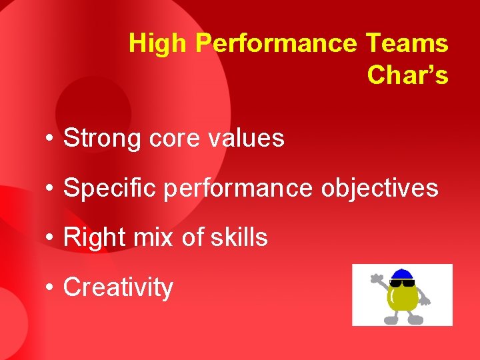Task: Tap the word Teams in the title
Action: pos(407,44)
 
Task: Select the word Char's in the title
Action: pos(407,75)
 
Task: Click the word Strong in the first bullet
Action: pos(103,139)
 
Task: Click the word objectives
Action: pos(379,189)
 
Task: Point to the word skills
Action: pos(237,237)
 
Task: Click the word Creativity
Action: pos(118,287)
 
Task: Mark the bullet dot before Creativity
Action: pos(50,288)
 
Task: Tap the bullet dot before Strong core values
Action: pos(50,139)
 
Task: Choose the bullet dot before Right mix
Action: pos(50,238)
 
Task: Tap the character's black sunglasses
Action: pos(402,283)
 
